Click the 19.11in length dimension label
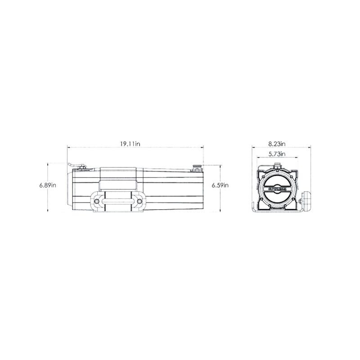click(x=130, y=144)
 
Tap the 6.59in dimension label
click(x=221, y=185)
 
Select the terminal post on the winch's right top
click(x=197, y=168)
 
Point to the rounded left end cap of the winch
click(x=70, y=189)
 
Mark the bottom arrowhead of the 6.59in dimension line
click(x=220, y=209)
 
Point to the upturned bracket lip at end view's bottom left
click(x=253, y=208)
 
